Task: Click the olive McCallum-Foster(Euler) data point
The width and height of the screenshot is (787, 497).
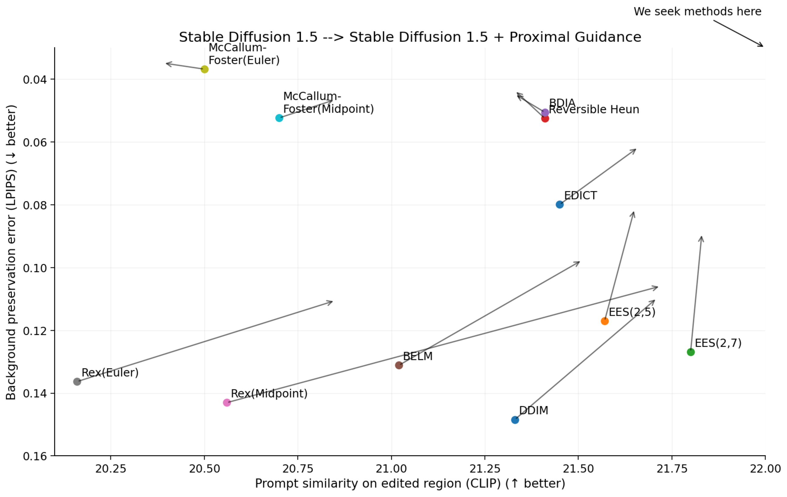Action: click(204, 69)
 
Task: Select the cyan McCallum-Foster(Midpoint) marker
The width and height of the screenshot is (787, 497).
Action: click(279, 118)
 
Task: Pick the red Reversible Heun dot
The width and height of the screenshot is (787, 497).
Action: click(545, 118)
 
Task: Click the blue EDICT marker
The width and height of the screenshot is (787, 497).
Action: click(560, 205)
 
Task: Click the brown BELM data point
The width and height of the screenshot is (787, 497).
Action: click(399, 365)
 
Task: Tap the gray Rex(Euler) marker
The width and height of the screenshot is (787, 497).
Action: click(77, 382)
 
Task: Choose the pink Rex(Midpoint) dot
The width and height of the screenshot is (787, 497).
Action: click(227, 403)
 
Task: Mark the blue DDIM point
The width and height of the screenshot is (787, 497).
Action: click(515, 420)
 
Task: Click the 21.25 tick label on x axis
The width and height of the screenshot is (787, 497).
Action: click(485, 469)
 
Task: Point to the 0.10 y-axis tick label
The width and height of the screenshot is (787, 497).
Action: click(34, 268)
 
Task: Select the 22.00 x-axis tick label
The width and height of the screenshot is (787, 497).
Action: click(765, 469)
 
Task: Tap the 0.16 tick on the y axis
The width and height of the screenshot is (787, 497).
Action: click(34, 456)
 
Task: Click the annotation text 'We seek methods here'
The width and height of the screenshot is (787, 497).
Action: click(697, 12)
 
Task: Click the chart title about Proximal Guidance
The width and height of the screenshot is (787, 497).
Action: click(410, 37)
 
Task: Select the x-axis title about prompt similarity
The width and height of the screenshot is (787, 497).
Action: click(410, 484)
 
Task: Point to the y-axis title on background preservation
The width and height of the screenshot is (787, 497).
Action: click(11, 252)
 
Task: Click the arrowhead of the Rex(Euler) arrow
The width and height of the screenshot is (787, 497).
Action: click(332, 301)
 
